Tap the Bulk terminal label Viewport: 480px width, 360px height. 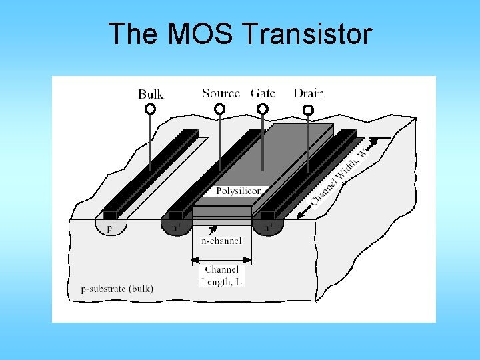[x=151, y=94]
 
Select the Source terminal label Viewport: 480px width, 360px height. [x=221, y=93]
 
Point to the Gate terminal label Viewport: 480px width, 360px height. [x=263, y=93]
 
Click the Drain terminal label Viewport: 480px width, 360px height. [x=309, y=93]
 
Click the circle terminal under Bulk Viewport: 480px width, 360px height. [x=151, y=109]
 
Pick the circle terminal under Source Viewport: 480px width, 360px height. [x=219, y=108]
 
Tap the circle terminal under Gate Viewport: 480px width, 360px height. [x=263, y=108]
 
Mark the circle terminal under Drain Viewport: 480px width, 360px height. [x=308, y=109]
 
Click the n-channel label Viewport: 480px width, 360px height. [x=221, y=240]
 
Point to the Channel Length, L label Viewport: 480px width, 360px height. [x=222, y=275]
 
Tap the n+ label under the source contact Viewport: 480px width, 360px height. [x=177, y=227]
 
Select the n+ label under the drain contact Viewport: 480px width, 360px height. [x=267, y=227]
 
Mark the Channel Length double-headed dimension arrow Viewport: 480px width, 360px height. [x=222, y=259]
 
